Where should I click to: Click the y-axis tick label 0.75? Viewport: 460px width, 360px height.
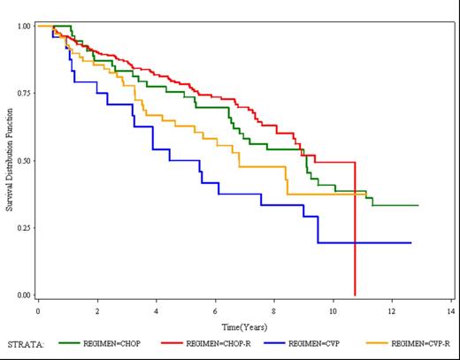tap(25, 93)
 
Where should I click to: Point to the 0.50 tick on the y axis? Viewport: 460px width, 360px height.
tap(25, 160)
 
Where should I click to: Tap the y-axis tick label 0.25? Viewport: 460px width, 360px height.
tap(25, 227)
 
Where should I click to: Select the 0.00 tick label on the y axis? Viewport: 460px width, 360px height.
tap(25, 295)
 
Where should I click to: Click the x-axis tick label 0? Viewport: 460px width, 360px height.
tap(38, 312)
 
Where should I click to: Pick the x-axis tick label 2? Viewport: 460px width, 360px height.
tap(97, 312)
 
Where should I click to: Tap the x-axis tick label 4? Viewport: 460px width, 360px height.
tap(156, 312)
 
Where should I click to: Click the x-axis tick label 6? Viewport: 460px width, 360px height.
tap(215, 312)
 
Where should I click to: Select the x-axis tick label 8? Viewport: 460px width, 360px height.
tap(274, 312)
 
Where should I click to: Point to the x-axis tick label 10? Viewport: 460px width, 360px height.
tap(333, 312)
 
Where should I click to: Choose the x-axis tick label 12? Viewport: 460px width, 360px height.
tap(392, 312)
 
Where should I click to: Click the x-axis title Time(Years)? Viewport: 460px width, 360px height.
tap(244, 326)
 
